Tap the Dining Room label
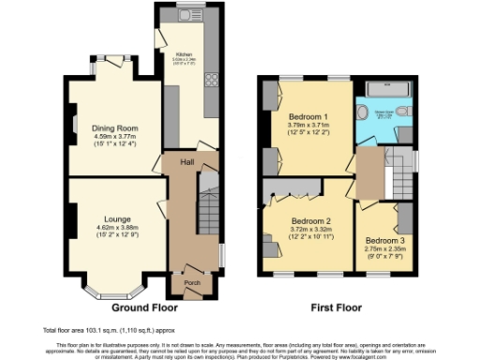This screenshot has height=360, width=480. click(114, 127)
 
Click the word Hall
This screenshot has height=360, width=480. click(187, 162)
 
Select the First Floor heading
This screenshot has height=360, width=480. click(337, 307)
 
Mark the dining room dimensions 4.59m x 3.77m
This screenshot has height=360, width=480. click(114, 137)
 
